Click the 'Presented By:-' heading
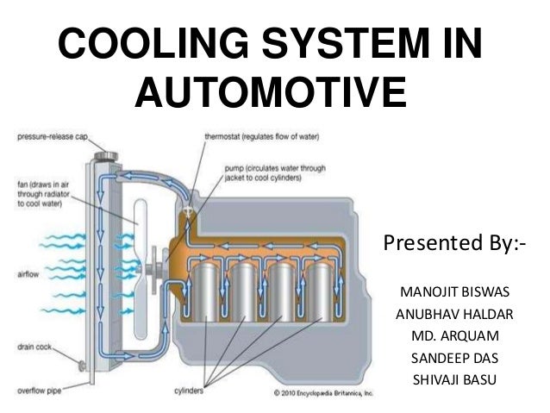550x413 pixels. pos(453,244)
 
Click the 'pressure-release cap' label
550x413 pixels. pos(49,135)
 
